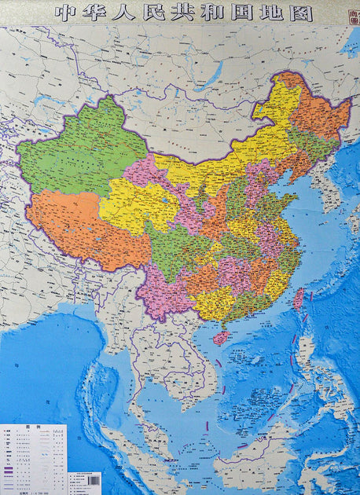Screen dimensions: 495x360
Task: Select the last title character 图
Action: pyautogui.click(x=300, y=13)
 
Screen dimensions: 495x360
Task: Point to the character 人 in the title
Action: pyautogui.click(x=128, y=13)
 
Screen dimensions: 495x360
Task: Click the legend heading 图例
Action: pyautogui.click(x=35, y=431)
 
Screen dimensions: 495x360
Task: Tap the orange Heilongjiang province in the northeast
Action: pyautogui.click(x=318, y=118)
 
